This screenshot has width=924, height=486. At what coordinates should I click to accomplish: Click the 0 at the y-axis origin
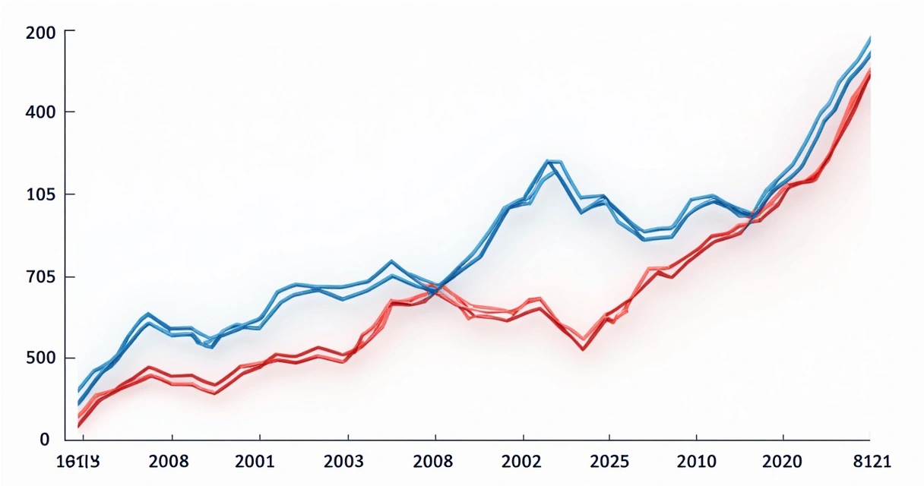point(44,439)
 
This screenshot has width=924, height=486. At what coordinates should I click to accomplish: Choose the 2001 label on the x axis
point(261,461)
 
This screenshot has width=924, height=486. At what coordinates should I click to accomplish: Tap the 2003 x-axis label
point(348,461)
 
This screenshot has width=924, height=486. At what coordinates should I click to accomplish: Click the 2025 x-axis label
point(609,461)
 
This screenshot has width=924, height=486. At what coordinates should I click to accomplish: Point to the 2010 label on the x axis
point(696,461)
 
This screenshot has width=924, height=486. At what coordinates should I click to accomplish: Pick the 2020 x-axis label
point(783,461)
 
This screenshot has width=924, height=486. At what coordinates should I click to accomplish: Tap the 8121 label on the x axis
point(870,461)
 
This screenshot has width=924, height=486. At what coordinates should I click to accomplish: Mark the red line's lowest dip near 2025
point(583,348)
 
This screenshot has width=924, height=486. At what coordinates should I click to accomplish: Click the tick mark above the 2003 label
point(348,437)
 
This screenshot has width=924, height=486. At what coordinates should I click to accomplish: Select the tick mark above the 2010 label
point(696,437)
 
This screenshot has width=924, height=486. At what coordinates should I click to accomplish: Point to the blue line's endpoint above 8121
point(870,38)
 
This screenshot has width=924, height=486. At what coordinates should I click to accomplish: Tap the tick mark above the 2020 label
point(783,437)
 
